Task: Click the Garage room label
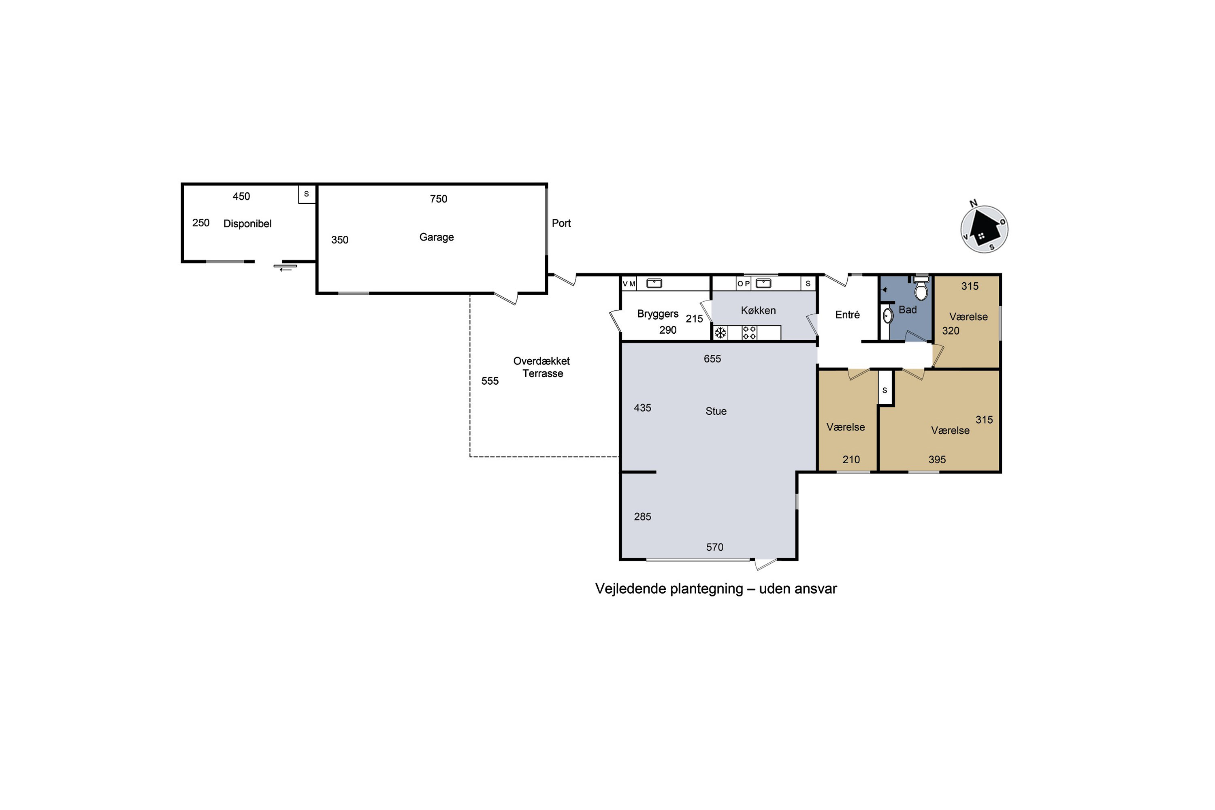coord(437,237)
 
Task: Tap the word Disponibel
coord(247,224)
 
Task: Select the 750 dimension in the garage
coord(439,199)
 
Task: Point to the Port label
coord(561,223)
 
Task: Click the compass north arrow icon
coord(984,229)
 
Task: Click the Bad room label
coord(908,310)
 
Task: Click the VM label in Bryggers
coord(629,283)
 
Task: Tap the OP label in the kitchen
coord(743,283)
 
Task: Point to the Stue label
coord(716,411)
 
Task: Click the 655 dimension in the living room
coord(712,359)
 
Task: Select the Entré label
coord(848,315)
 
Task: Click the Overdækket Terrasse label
coord(542,367)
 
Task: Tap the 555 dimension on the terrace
coord(490,381)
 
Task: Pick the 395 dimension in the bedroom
coord(937,460)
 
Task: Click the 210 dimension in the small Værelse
coord(851,460)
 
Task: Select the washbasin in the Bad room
coord(887,315)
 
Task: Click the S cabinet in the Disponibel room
coord(307,194)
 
